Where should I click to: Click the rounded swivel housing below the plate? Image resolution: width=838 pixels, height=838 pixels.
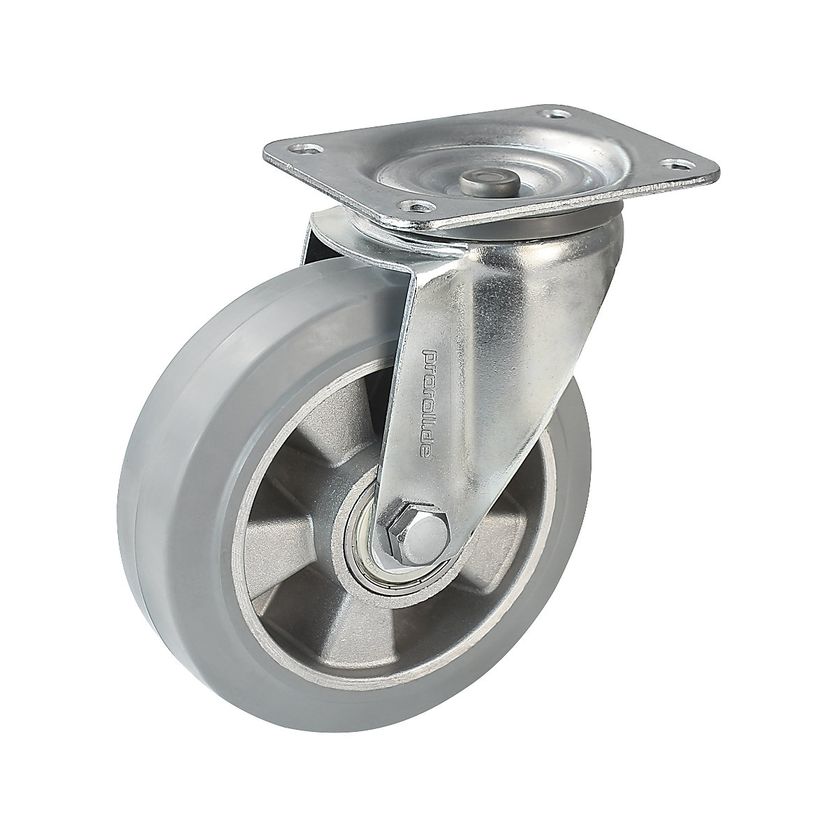[559, 279]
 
